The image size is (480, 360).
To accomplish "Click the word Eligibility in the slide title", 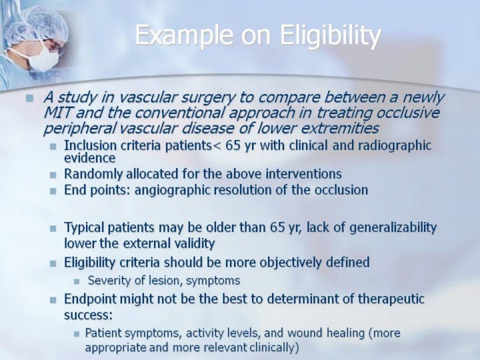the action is coord(331,35).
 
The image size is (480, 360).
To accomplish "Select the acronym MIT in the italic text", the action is coord(58,113).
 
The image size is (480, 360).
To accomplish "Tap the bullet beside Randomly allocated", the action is coord(53,175).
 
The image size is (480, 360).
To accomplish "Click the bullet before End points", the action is coord(53,191).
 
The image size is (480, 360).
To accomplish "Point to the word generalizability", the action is coord(393,228).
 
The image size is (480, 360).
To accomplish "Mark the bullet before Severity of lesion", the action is coord(77,281).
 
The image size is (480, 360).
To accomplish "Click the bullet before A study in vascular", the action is coord(30,98).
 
